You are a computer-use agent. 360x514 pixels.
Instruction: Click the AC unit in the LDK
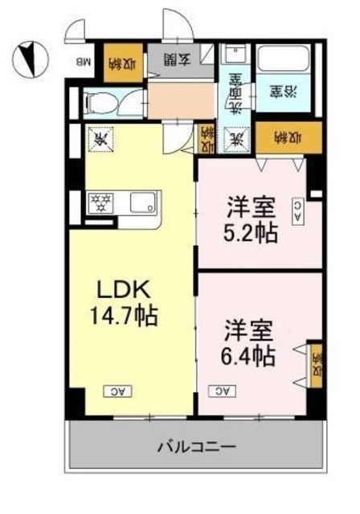117,391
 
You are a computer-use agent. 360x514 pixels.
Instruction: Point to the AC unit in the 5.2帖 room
297,210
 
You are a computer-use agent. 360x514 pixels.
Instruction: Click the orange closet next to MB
120,62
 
